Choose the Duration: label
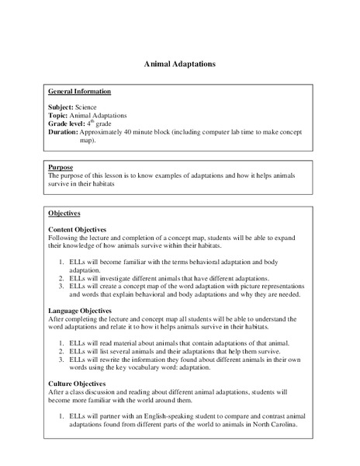pyautogui.click(x=65, y=133)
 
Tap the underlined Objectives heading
pyautogui.click(x=64, y=213)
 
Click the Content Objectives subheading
pyautogui.click(x=81, y=231)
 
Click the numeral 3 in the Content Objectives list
pyautogui.click(x=61, y=287)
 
